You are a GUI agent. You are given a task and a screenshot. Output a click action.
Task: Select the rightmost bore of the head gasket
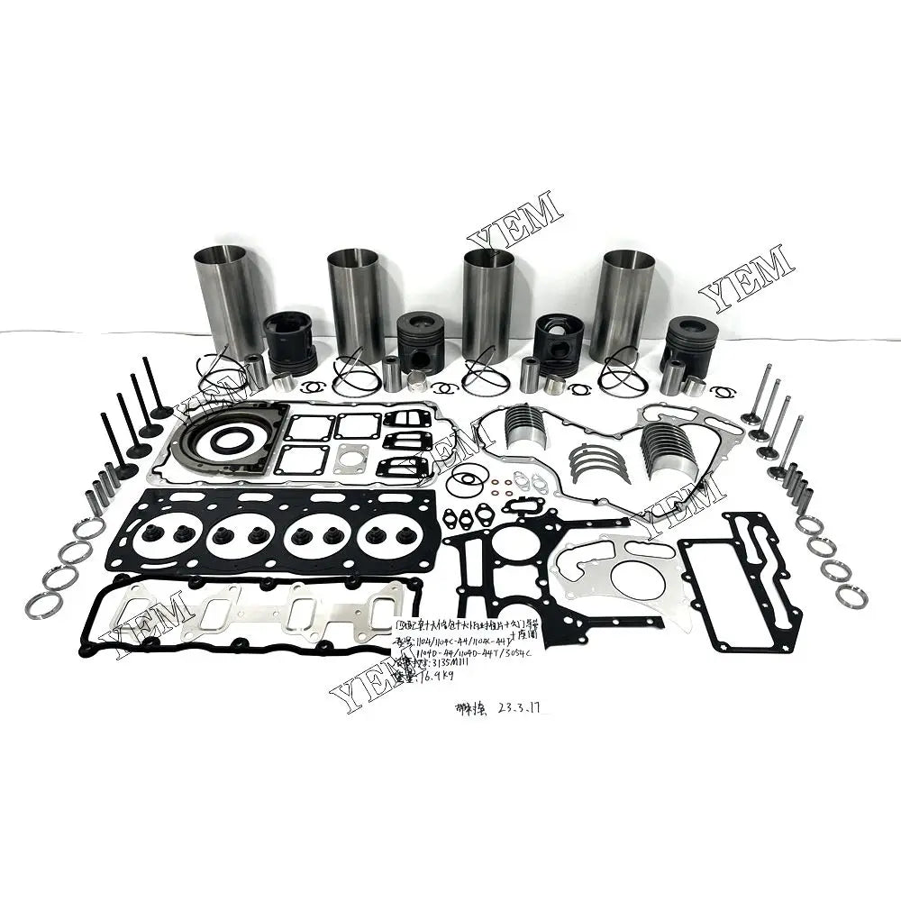(388, 540)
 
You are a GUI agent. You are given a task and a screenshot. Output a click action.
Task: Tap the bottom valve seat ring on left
(43, 606)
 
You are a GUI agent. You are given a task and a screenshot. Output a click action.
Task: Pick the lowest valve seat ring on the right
(851, 594)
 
